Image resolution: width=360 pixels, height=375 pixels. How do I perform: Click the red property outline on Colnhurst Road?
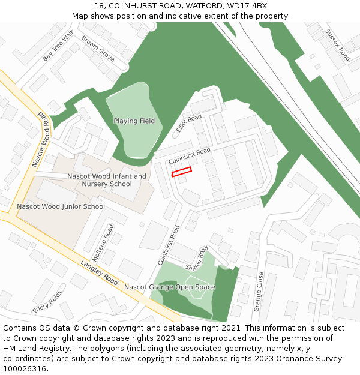(x=181, y=172)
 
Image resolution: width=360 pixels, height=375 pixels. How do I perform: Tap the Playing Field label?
(x=134, y=121)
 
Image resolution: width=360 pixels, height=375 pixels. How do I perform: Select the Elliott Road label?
(x=189, y=124)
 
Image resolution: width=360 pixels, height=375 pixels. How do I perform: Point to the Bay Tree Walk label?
(x=58, y=45)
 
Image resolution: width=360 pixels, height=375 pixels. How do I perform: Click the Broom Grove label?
(x=98, y=48)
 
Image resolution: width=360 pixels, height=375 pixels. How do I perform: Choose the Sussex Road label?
(x=337, y=44)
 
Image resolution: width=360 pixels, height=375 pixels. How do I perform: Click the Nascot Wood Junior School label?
(x=61, y=206)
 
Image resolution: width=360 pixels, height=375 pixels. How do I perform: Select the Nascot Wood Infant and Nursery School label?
(x=107, y=180)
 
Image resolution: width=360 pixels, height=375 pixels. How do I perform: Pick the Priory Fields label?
(x=47, y=301)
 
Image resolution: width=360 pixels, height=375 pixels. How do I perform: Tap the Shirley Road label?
(x=196, y=258)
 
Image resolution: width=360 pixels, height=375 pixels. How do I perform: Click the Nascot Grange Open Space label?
(x=169, y=287)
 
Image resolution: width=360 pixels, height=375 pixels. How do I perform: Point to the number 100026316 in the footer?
(x=25, y=368)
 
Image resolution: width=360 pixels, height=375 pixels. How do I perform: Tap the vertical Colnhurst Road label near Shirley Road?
(x=169, y=245)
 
